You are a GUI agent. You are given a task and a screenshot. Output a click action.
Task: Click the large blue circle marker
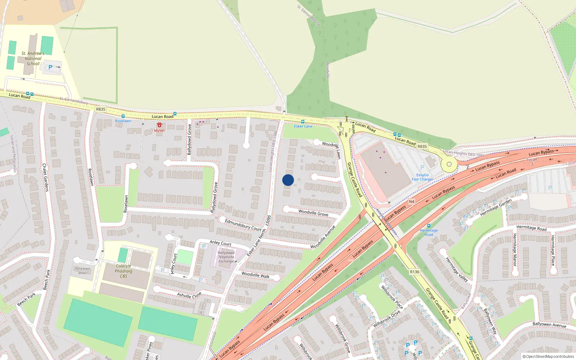[288, 180]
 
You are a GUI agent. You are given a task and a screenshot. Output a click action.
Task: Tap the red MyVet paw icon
[159, 125]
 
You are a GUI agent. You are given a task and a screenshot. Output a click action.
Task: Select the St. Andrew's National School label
[33, 58]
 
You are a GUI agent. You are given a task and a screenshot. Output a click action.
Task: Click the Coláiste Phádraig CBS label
[123, 271]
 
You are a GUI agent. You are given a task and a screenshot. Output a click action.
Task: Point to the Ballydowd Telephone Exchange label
[226, 257]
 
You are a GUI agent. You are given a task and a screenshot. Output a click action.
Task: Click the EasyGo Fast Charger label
[423, 177]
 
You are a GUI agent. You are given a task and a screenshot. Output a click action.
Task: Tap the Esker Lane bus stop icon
[303, 122]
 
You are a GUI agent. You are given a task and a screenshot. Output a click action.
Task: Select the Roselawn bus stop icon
[123, 116]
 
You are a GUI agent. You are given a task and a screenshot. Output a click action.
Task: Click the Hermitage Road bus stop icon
[428, 226]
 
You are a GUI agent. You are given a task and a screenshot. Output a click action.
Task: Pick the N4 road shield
[412, 202]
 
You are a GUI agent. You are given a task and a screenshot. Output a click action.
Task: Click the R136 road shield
[414, 272]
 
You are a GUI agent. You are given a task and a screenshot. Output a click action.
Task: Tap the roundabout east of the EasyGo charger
[449, 165]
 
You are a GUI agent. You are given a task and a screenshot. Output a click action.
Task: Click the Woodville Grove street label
[313, 213]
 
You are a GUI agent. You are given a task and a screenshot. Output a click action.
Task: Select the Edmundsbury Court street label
[243, 225]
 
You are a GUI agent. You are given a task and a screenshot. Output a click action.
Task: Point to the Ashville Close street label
[189, 296]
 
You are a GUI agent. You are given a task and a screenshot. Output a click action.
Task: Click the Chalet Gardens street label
[45, 177]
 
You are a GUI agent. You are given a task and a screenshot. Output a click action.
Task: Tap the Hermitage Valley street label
[457, 269]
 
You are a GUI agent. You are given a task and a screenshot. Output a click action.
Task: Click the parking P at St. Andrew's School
[50, 67]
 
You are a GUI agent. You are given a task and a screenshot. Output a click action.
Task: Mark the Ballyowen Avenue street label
[549, 325]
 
